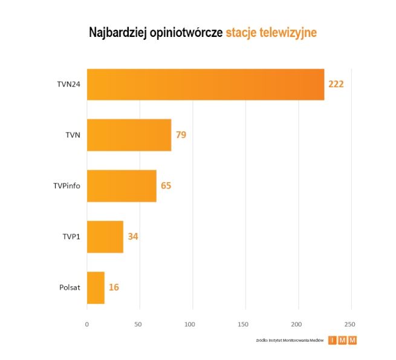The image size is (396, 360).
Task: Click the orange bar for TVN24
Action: (x=206, y=84)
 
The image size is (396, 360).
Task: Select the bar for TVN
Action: (x=129, y=135)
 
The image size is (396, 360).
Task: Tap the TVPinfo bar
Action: (x=122, y=186)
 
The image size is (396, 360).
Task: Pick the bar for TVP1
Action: (x=105, y=237)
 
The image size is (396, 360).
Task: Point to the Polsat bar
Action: (x=96, y=287)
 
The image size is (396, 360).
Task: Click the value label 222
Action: (x=336, y=84)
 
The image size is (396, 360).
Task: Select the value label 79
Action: (x=181, y=135)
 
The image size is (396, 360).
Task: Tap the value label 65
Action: (x=166, y=186)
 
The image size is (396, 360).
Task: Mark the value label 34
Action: (x=133, y=237)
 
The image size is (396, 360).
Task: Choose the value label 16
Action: (x=114, y=287)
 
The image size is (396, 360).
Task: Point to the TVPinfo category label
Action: (x=66, y=186)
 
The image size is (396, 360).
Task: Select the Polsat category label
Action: (x=70, y=287)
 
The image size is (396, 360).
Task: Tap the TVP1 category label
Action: (x=71, y=237)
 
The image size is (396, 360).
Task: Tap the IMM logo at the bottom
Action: (x=343, y=340)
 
